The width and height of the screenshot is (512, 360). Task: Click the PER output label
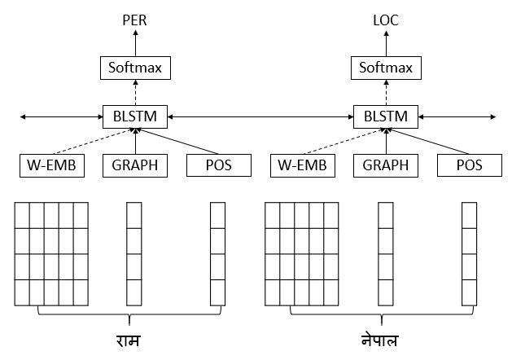[134, 20]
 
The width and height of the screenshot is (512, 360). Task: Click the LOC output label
[385, 20]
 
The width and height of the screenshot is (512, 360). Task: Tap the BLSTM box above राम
[134, 116]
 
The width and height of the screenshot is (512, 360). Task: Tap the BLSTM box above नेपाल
[385, 116]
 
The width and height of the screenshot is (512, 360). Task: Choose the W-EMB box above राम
[51, 165]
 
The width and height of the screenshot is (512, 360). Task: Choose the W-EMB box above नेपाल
[302, 165]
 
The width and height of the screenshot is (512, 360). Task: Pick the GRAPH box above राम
[134, 165]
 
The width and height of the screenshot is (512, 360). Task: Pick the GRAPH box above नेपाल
[385, 165]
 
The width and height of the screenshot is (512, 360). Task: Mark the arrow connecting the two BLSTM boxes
[260, 117]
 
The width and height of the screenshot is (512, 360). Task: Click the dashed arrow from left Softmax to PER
[134, 42]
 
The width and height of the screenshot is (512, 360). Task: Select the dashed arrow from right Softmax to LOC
[385, 42]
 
